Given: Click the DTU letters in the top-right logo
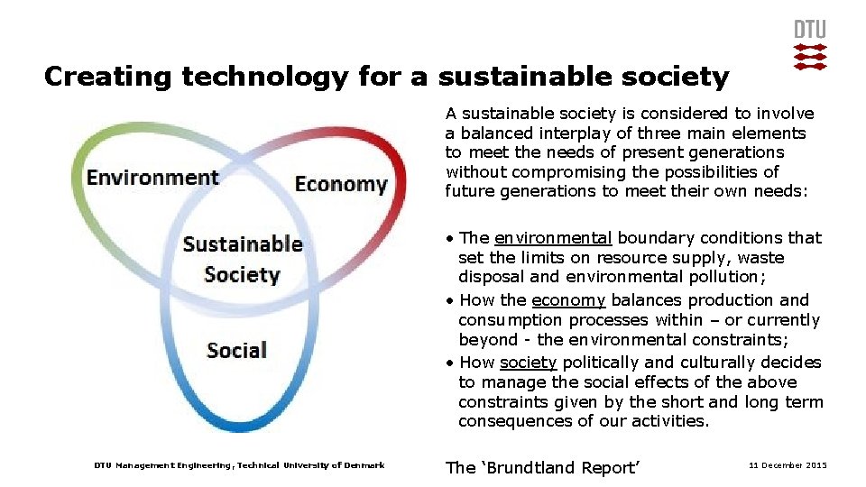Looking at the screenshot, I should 809,29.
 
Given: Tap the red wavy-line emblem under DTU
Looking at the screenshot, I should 809,56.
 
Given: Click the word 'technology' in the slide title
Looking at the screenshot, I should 263,78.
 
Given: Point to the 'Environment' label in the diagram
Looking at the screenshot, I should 152,177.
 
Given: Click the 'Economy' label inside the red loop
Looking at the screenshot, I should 341,184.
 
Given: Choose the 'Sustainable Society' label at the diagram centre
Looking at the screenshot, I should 242,259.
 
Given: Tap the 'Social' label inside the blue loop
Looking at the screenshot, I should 236,350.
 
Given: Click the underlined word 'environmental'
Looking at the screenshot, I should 553,238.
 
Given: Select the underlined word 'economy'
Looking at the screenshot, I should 568,300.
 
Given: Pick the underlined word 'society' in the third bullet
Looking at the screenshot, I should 528,363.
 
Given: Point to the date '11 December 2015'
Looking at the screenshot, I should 788,465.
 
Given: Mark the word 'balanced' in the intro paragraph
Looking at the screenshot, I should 496,133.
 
